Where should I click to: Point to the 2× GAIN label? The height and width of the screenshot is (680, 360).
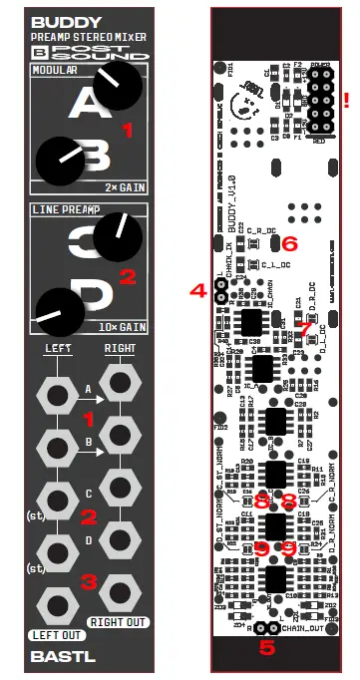tap(125, 185)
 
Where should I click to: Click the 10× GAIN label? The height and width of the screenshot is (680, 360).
tap(122, 326)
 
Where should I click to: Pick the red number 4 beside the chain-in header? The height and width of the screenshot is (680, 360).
tap(197, 291)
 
